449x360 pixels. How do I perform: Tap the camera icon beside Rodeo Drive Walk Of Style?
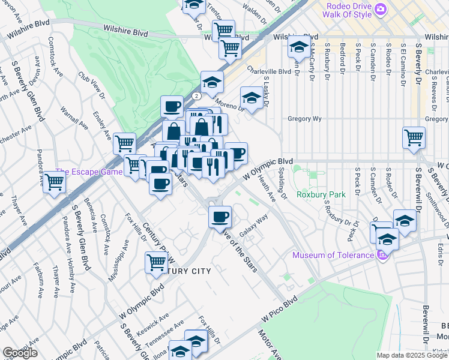[379, 10]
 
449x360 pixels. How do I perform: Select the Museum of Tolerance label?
[333, 255]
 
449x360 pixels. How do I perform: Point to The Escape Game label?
[89, 172]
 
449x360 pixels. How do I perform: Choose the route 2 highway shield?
[196, 96]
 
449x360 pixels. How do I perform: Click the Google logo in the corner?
[20, 353]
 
